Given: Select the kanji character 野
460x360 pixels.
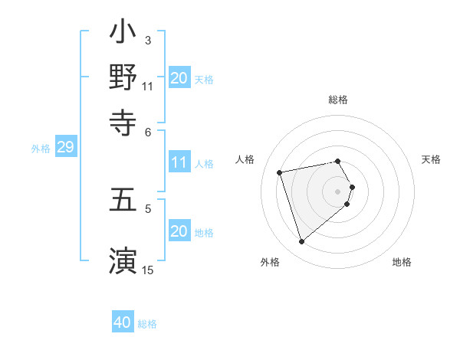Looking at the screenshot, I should (x=123, y=77).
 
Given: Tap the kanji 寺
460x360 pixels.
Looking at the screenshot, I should (x=123, y=121).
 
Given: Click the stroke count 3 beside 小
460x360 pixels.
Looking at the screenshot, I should (x=148, y=41).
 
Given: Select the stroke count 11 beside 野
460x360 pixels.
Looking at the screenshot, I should (x=147, y=86).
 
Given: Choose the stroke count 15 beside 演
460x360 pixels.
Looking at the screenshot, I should (x=147, y=270).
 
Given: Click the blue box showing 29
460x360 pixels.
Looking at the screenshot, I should (x=65, y=148).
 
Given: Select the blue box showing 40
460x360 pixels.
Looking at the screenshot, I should (x=123, y=323).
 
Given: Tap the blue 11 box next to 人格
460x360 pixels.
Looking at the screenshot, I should (x=179, y=162).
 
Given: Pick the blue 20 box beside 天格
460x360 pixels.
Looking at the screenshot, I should (x=179, y=78).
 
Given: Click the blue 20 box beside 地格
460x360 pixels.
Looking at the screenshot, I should (x=179, y=231).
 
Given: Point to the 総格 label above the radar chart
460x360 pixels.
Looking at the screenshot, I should (x=338, y=100).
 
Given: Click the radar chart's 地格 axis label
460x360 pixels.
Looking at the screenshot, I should (x=402, y=263).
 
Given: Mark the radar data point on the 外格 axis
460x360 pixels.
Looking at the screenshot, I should (x=301, y=242).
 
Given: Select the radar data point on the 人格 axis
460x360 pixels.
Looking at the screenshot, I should (x=280, y=172).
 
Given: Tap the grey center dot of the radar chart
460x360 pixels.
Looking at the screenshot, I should (x=338, y=191).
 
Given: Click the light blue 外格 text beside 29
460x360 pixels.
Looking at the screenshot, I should (x=41, y=149).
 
